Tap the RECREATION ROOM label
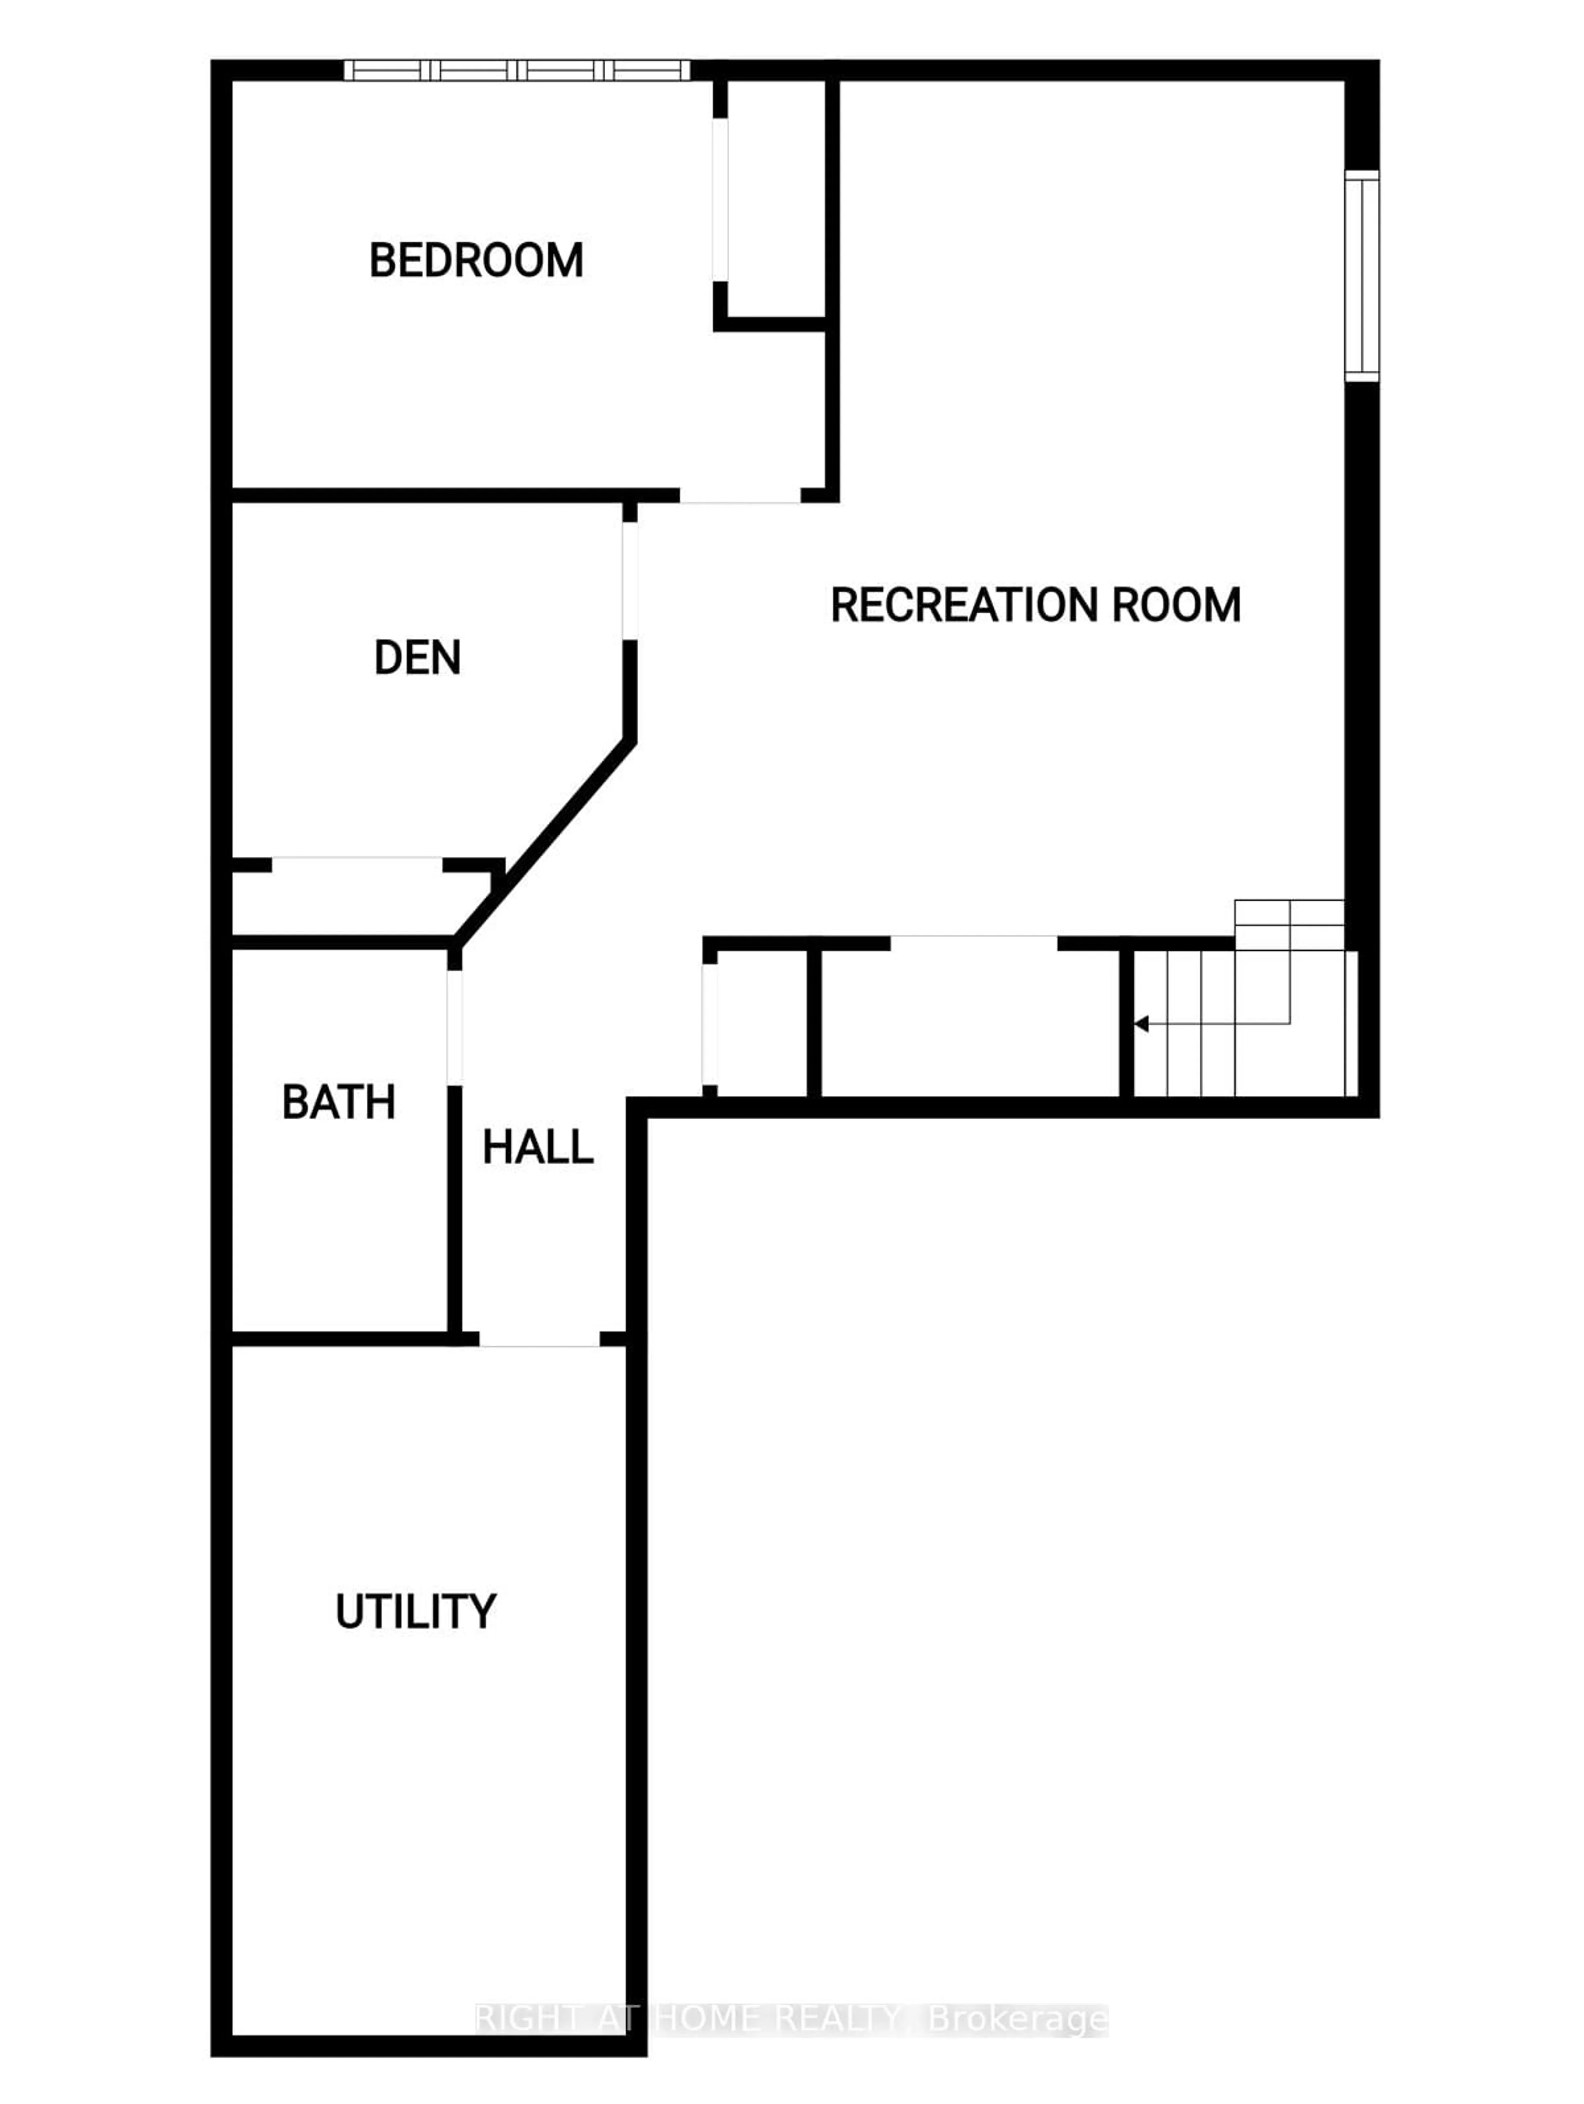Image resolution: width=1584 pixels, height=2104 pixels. coord(1035,605)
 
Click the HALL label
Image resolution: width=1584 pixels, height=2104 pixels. coord(538,1147)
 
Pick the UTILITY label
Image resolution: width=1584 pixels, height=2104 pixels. coord(415,1611)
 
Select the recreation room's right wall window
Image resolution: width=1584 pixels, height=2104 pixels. coord(1362,276)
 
